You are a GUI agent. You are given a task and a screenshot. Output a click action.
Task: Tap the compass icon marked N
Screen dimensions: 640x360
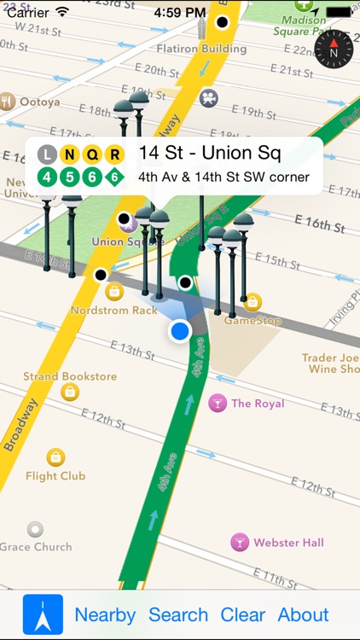coord(334,49)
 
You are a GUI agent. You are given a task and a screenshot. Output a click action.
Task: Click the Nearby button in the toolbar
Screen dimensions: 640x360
coord(105,614)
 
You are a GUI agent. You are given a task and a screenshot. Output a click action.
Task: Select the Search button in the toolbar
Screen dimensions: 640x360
coord(178,614)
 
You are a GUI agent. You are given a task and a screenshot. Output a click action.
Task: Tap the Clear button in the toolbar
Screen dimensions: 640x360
coord(243,614)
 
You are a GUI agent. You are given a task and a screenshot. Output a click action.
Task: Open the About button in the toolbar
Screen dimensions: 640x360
coord(303,614)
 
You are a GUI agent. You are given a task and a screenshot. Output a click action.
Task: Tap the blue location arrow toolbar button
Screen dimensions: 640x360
coord(43,614)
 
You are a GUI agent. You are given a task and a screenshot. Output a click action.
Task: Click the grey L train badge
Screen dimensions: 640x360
coord(48,155)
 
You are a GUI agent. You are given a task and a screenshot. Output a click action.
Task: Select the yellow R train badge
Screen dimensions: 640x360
coord(115,155)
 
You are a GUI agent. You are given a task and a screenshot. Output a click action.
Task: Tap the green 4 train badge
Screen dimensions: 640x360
coord(48,177)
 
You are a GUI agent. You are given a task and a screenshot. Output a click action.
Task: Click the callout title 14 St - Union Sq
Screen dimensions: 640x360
coord(210,154)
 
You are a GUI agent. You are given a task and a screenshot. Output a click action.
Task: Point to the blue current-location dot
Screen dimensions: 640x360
coord(179,331)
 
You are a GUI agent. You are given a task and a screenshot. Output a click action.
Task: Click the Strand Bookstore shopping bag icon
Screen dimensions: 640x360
coord(70,392)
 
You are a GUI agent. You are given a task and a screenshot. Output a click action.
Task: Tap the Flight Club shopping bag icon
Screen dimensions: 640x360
coord(55,457)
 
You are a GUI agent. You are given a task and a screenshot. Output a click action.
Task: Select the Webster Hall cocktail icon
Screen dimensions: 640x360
coord(240,542)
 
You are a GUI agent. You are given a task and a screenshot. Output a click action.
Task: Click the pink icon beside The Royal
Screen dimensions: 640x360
coord(218,403)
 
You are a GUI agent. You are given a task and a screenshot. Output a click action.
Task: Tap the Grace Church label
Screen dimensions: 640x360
coord(36,546)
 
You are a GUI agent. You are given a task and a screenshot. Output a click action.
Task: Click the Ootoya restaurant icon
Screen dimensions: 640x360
coord(9,102)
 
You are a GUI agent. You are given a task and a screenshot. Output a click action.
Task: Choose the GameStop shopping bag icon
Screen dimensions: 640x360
coord(253,302)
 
